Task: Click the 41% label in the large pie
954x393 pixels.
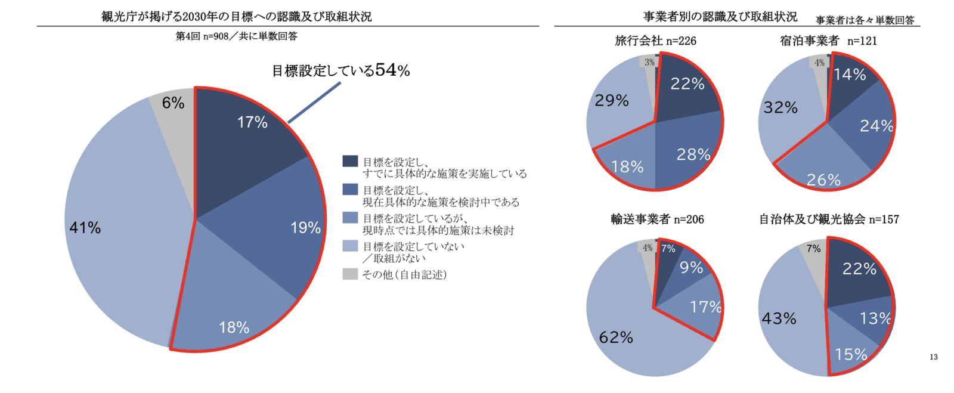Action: (85, 228)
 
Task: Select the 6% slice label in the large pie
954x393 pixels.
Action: (173, 103)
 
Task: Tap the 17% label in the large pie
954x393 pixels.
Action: (252, 122)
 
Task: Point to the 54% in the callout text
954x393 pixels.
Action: (392, 70)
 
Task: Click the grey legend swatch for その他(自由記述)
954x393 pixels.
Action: (350, 274)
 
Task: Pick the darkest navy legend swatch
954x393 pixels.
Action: (350, 162)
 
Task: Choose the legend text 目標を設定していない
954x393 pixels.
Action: (413, 246)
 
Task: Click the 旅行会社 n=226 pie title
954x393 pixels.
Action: (655, 41)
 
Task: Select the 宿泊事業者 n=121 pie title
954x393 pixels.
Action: (828, 41)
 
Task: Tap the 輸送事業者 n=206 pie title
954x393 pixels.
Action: (657, 219)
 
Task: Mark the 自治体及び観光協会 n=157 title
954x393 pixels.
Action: (829, 219)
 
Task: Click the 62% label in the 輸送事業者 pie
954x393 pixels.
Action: (616, 338)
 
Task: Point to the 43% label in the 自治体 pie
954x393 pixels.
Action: (779, 318)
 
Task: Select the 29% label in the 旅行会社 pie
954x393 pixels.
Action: (612, 100)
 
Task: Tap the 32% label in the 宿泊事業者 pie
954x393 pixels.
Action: (780, 107)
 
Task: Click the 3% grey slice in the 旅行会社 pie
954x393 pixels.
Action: (649, 62)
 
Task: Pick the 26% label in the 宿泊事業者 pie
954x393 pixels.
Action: (823, 180)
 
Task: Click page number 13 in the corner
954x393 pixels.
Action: (933, 357)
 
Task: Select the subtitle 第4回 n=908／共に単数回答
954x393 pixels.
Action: (236, 36)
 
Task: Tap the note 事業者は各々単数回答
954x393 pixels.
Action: (865, 20)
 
